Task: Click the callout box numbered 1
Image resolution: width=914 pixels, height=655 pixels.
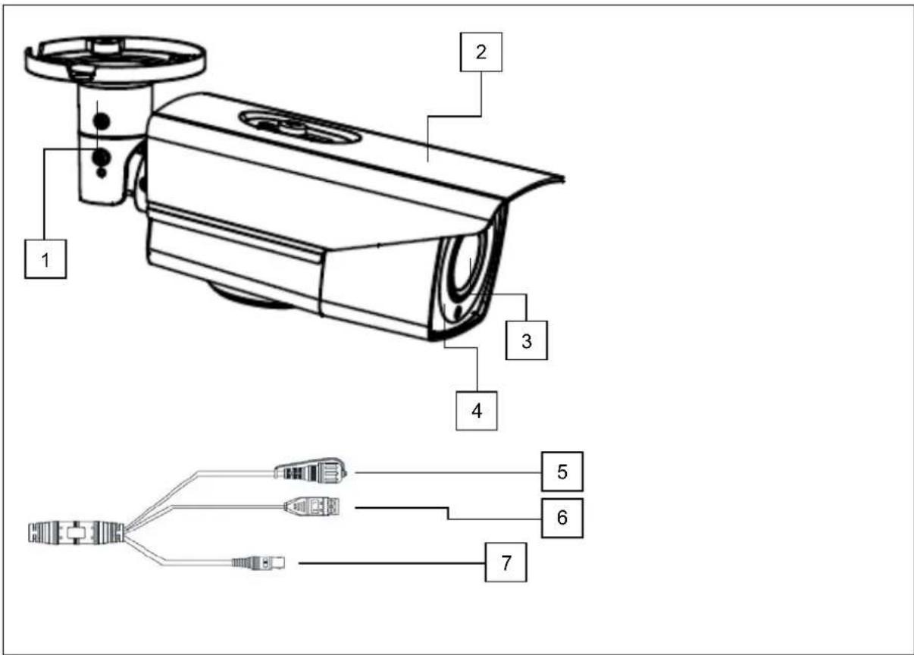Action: coord(45,259)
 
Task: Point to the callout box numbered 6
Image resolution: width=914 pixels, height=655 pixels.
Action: coord(562,518)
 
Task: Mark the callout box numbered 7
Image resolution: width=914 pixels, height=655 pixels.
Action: coord(505,564)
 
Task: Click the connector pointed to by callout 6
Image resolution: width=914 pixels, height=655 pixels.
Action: coord(313,507)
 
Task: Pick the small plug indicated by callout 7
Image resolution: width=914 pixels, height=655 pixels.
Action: coord(258,563)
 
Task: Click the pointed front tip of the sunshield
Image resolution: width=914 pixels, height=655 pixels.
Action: coord(562,179)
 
